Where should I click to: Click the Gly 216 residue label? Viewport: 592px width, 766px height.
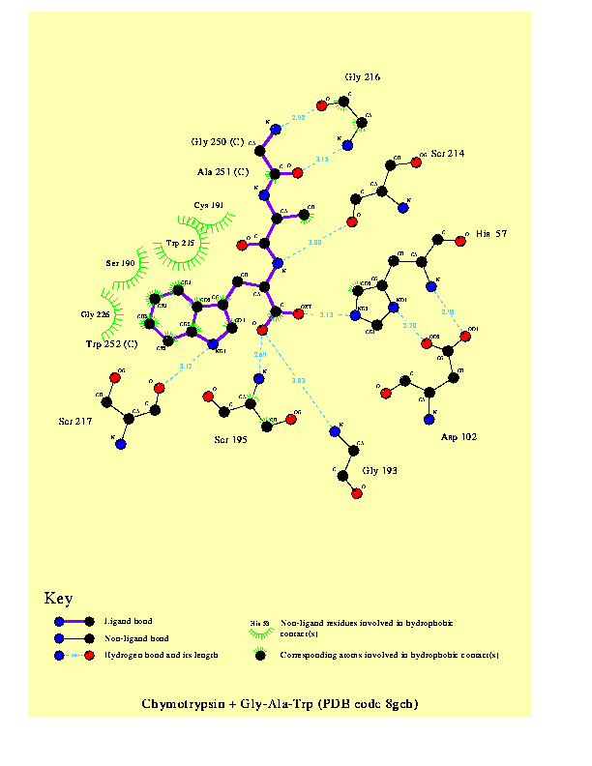[x=363, y=76]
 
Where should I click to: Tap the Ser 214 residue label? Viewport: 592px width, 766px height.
[x=449, y=153]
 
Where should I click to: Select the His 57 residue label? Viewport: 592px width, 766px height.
[x=492, y=234]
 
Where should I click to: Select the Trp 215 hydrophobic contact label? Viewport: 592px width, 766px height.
[x=181, y=243]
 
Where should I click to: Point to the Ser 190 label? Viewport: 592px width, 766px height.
[x=121, y=263]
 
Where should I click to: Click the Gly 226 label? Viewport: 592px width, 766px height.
[x=96, y=315]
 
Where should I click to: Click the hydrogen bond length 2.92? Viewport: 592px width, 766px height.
[x=299, y=117]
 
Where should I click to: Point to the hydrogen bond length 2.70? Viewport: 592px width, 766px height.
[x=409, y=325]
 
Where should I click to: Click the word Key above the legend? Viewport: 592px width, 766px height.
[x=58, y=599]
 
